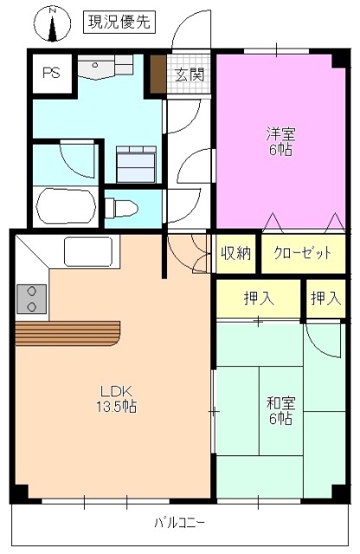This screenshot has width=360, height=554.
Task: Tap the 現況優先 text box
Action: click(119, 23)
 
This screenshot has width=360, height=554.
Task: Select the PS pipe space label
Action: click(51, 73)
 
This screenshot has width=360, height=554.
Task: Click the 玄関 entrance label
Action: click(190, 74)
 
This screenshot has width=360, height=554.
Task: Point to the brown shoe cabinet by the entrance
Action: click(157, 74)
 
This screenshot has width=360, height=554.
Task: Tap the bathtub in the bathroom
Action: click(66, 205)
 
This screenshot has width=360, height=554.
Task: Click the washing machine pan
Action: click(134, 162)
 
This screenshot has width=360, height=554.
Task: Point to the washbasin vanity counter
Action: click(106, 66)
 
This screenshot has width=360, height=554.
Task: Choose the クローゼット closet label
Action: click(303, 254)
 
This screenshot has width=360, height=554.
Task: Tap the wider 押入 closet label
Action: click(259, 300)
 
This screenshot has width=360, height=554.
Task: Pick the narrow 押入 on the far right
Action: click(326, 300)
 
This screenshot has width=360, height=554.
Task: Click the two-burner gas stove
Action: click(32, 299)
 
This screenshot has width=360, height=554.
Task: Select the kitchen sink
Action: click(89, 254)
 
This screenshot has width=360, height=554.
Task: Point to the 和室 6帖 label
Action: click(279, 410)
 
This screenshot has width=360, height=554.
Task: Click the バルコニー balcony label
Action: click(180, 523)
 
